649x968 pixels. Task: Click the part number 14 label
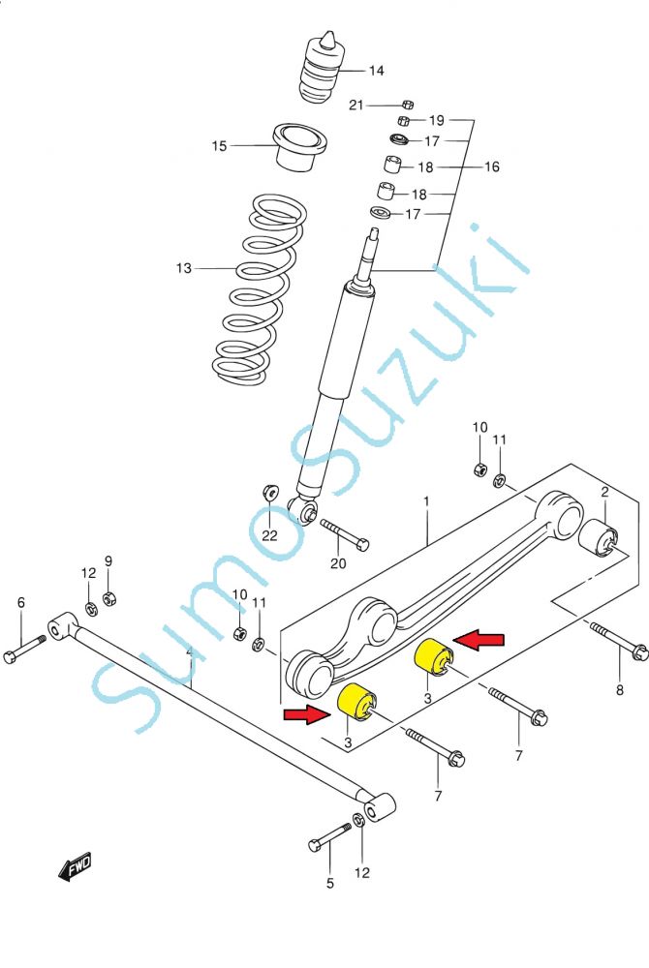[x=376, y=71]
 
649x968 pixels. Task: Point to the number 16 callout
[x=491, y=166]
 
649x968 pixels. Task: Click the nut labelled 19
[x=404, y=120]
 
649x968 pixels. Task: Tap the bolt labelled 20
[x=343, y=534]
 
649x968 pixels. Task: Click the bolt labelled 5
[x=329, y=839]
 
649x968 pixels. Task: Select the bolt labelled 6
[x=24, y=650]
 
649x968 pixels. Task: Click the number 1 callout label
[x=424, y=500]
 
